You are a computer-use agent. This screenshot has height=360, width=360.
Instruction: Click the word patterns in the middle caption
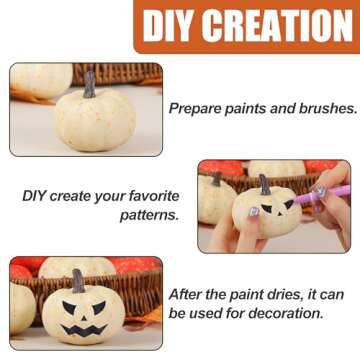149,215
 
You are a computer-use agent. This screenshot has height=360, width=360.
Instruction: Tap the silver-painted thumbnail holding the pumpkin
254,214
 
